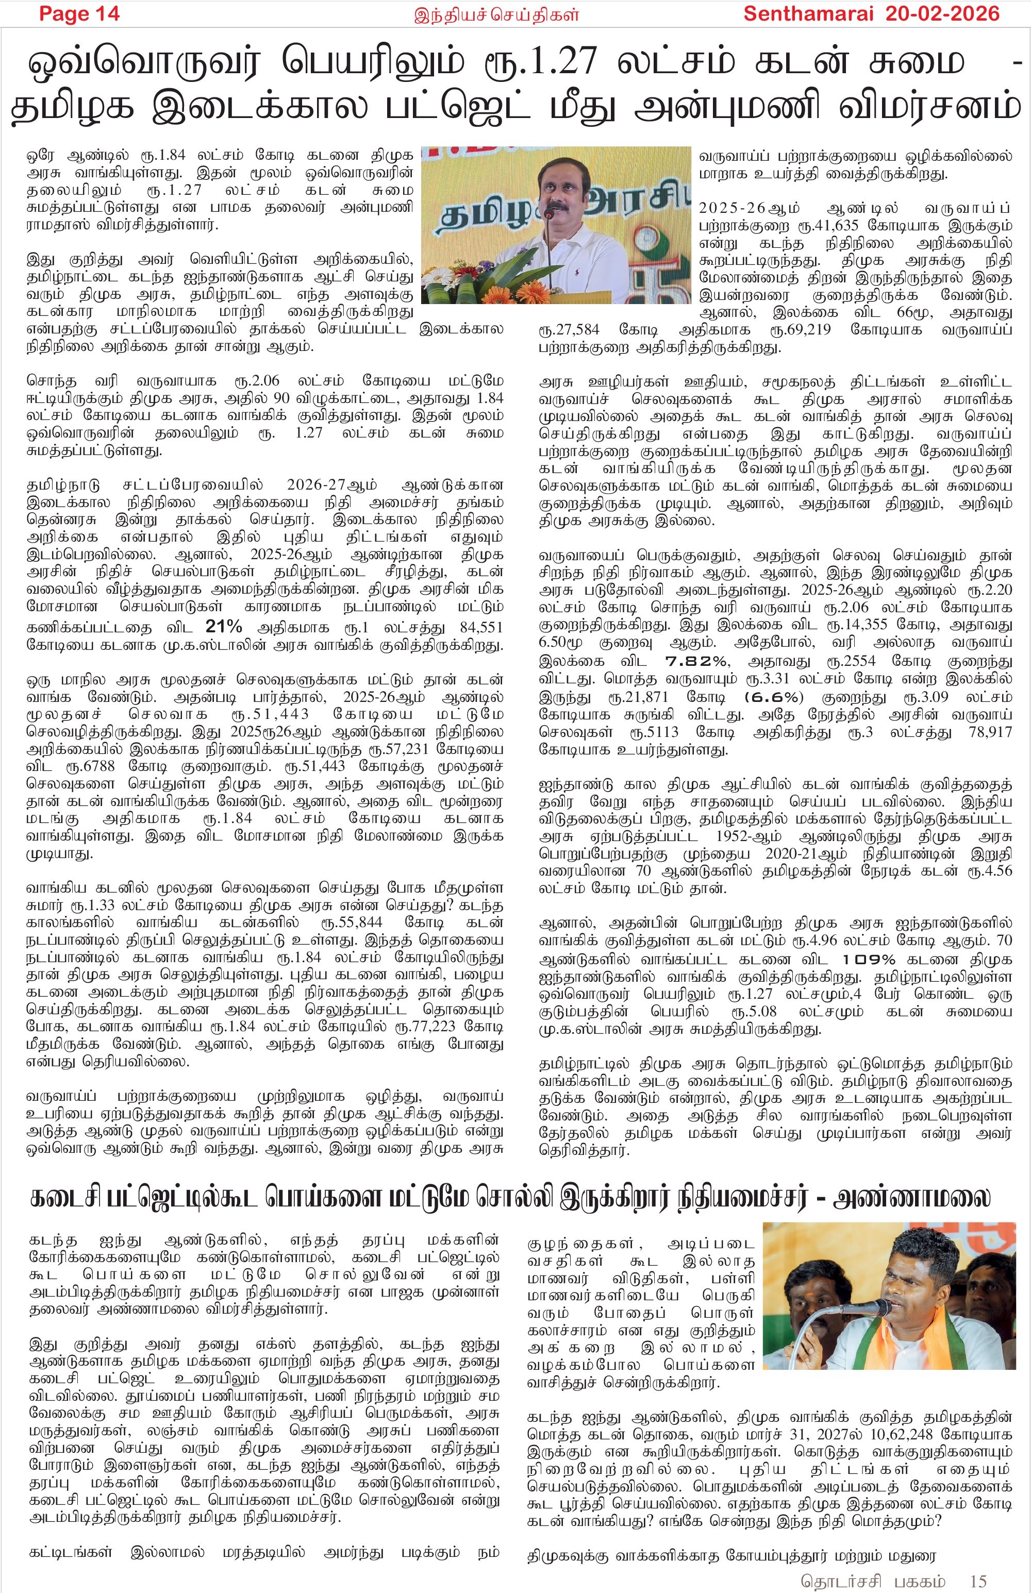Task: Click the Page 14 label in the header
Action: click(x=79, y=13)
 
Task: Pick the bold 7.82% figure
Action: click(x=696, y=661)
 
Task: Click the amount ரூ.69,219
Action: click(x=800, y=330)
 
